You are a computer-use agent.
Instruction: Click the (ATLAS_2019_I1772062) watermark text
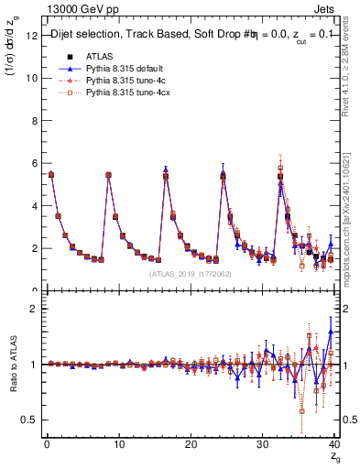click(x=190, y=274)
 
